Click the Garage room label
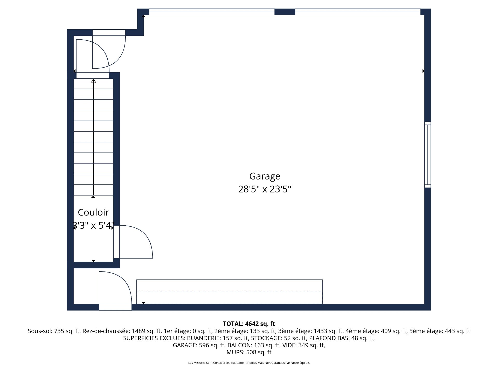pyautogui.click(x=265, y=176)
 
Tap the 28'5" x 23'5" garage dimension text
pyautogui.click(x=265, y=189)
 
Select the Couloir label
pyautogui.click(x=93, y=212)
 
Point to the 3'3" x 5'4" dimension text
pyautogui.click(x=93, y=226)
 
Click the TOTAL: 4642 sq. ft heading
pyautogui.click(x=249, y=324)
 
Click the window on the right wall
pyautogui.click(x=427, y=155)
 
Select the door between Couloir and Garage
pyautogui.click(x=117, y=242)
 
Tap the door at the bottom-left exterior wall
pyautogui.click(x=115, y=307)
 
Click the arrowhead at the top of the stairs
pyautogui.click(x=93, y=81)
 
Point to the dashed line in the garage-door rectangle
pyautogui.click(x=229, y=292)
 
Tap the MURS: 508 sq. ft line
pyautogui.click(x=249, y=352)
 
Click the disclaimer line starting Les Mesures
pyautogui.click(x=249, y=363)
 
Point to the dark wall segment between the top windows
pyautogui.click(x=285, y=12)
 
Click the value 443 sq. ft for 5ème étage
pyautogui.click(x=457, y=331)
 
